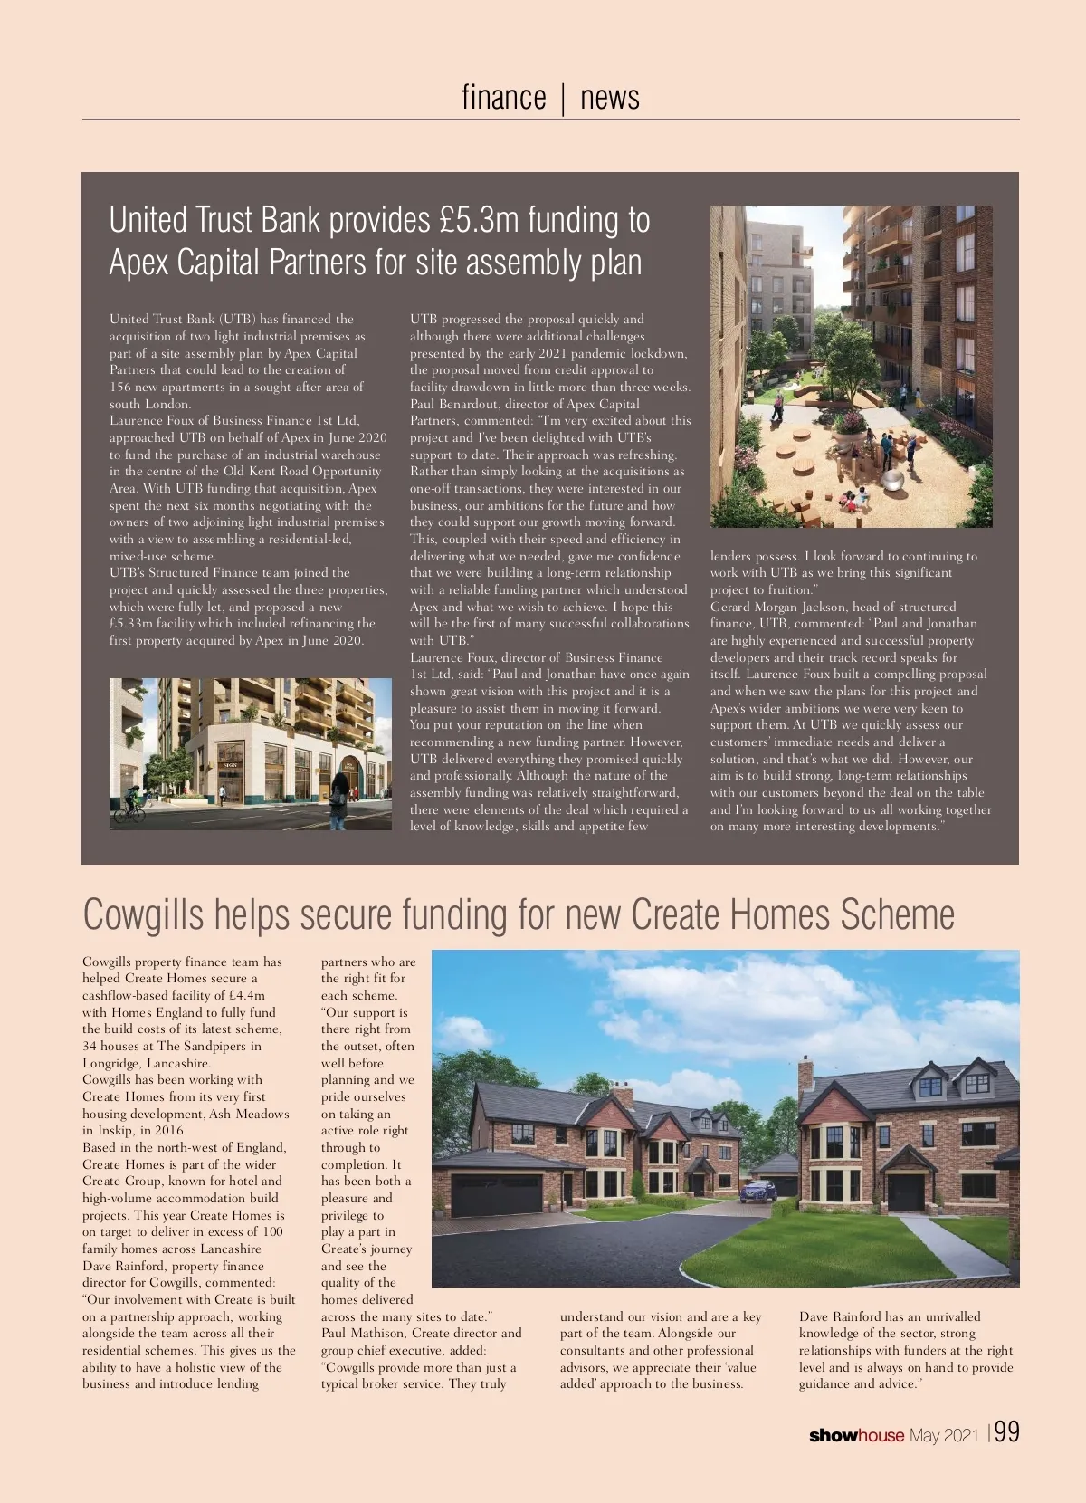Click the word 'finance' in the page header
coord(503,97)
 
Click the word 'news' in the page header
coord(609,97)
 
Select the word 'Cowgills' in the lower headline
coord(143,914)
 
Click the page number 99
coord(1007,1431)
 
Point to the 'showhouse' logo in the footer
coord(856,1435)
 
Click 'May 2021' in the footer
coord(944,1435)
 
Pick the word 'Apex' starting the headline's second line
coord(138,263)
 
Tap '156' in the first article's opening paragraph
coord(120,388)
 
